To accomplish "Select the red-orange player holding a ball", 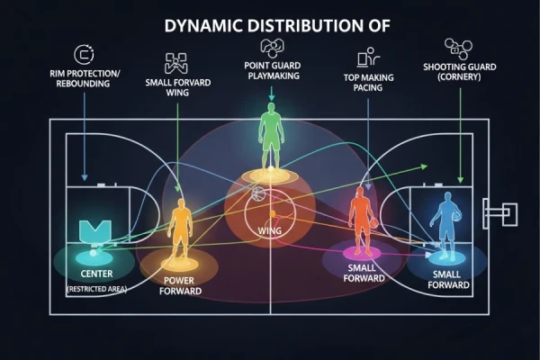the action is (x=363, y=220).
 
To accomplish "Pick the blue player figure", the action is (x=446, y=226).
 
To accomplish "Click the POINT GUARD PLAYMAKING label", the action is (x=273, y=70).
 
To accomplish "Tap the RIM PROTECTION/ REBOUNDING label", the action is (x=85, y=78).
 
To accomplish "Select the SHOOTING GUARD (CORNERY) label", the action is (x=459, y=72).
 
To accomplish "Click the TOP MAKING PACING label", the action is (x=368, y=83).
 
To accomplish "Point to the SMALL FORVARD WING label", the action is (x=177, y=87).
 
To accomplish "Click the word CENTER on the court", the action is (x=97, y=274).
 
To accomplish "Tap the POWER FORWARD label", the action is (x=180, y=286).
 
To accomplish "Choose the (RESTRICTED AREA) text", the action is (x=97, y=289).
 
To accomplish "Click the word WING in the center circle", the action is (x=270, y=230).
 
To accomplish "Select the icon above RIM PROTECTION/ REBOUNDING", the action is (x=84, y=54).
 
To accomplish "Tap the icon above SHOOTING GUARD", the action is (x=458, y=49).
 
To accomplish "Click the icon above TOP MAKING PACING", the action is (x=368, y=58).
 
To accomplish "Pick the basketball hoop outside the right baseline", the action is (x=500, y=213).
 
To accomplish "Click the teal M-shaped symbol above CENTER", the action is (x=95, y=231).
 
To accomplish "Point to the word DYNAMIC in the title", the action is (x=203, y=26).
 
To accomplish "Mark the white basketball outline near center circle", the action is (x=259, y=193).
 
